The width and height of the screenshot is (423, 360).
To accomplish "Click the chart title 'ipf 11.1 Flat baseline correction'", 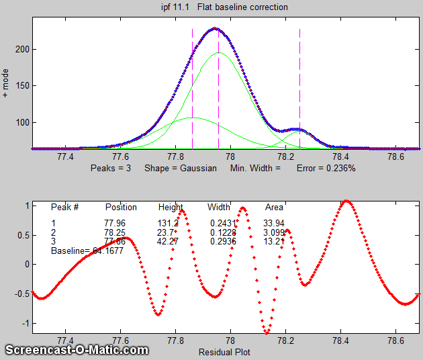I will point(220,7).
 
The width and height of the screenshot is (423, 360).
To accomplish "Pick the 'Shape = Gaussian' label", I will point(181,168).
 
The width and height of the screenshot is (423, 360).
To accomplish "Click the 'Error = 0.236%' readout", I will point(326,168).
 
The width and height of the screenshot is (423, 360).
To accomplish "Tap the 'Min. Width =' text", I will point(256,168).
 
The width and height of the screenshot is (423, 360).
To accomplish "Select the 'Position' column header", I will point(121,207).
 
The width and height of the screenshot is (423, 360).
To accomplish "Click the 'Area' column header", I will point(274,207).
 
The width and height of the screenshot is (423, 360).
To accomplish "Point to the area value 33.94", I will point(274,223).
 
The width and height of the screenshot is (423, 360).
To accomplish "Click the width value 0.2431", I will point(222,223).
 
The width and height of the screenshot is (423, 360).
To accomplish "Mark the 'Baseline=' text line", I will point(87,251).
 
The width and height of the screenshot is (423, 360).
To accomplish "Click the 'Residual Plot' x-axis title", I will point(224,351).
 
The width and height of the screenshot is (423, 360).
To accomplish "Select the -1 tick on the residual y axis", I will point(25,322).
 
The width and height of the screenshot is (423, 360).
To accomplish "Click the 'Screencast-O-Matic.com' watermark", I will point(77,349).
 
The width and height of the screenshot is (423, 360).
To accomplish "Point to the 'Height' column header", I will point(171,207).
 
